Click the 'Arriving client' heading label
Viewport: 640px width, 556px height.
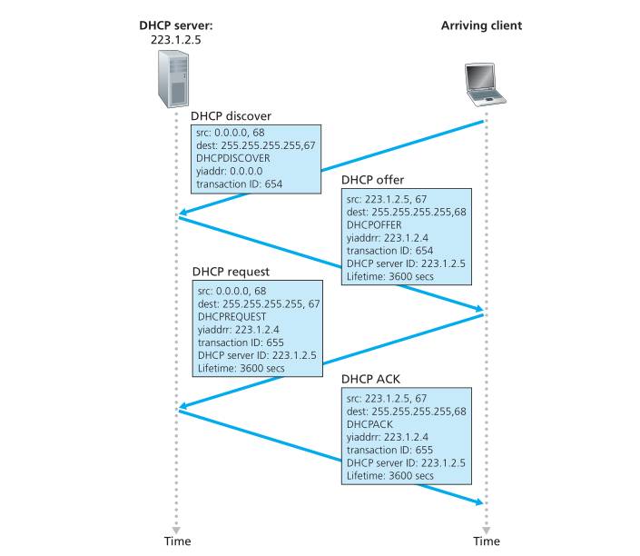pyautogui.click(x=481, y=25)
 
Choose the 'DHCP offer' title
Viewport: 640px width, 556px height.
pyautogui.click(x=372, y=180)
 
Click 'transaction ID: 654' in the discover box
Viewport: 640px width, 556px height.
pyautogui.click(x=240, y=184)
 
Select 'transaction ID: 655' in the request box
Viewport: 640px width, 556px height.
pyautogui.click(x=241, y=343)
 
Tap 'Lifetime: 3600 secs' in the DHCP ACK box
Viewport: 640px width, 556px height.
pyautogui.click(x=390, y=475)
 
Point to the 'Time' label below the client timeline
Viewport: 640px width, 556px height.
pyautogui.click(x=486, y=541)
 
